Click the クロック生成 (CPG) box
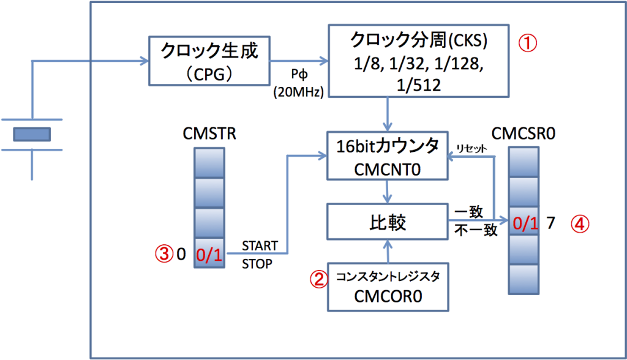click(x=208, y=61)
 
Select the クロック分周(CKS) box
click(x=419, y=61)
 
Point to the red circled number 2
click(x=318, y=279)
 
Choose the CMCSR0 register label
click(x=525, y=133)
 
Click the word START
click(x=260, y=246)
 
